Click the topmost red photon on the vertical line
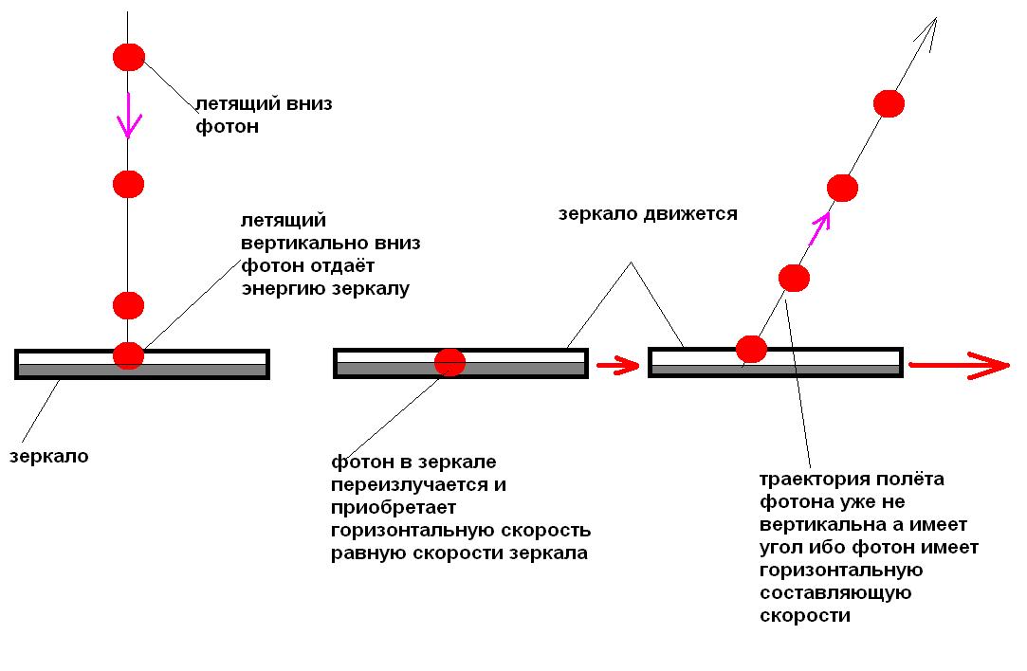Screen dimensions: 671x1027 [128, 57]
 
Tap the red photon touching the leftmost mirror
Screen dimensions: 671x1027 [128, 355]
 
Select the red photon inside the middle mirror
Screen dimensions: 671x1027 [449, 362]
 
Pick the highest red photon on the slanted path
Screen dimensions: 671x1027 [889, 103]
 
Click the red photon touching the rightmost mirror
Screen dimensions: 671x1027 [751, 349]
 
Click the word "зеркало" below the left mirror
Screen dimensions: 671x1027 [48, 456]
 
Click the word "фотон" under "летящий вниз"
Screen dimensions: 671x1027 [227, 126]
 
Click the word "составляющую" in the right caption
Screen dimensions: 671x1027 [835, 593]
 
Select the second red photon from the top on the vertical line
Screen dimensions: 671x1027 [128, 184]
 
